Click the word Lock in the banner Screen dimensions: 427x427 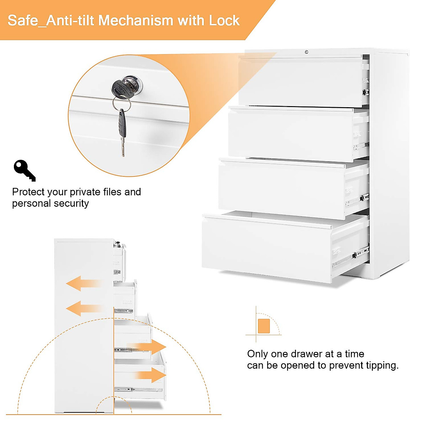coord(224,21)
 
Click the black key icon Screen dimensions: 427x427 coord(24,170)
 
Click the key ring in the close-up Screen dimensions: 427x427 coord(121,103)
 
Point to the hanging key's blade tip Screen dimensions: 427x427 coord(123,154)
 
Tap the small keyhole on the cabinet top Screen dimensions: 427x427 coord(306,52)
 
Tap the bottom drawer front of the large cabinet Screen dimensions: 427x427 coord(267,247)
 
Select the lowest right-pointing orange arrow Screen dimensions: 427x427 coord(153,375)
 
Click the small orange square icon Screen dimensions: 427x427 coord(264,326)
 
